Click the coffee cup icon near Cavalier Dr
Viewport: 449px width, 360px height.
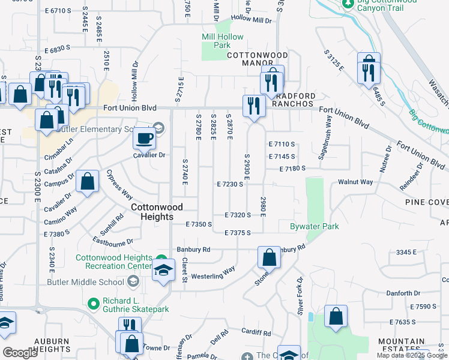coord(144,139)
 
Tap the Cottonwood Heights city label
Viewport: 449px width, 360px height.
coord(156,212)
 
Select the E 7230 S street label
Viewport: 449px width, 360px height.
coord(230,184)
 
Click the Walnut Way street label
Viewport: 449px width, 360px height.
coord(355,182)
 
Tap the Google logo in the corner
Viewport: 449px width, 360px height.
coord(20,353)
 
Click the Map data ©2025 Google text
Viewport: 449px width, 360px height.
coord(412,355)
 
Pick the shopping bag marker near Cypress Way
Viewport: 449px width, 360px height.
coord(87,182)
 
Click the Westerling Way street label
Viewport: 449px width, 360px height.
coord(212,277)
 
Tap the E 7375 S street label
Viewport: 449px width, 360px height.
coord(237,233)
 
